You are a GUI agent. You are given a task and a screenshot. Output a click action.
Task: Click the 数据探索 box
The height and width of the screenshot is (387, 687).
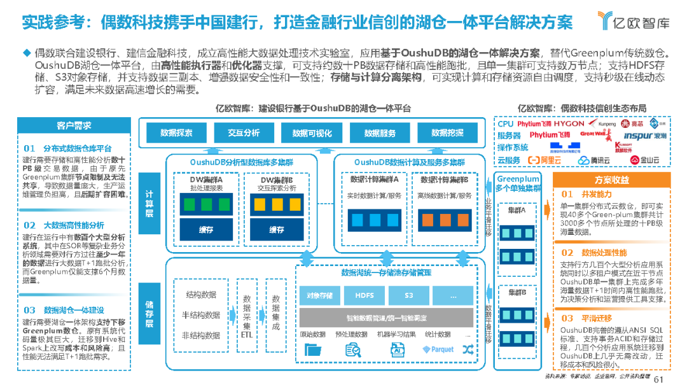(x=176, y=133)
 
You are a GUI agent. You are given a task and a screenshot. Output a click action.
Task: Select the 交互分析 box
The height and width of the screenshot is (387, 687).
(x=244, y=133)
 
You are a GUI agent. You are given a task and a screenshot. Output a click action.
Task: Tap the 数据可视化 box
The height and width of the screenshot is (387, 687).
(x=312, y=133)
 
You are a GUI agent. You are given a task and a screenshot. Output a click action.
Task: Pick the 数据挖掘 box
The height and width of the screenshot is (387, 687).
(x=447, y=133)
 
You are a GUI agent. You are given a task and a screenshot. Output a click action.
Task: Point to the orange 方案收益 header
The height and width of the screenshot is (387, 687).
(x=612, y=180)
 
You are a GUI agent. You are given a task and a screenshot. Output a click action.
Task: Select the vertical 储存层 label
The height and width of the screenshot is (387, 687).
(x=149, y=314)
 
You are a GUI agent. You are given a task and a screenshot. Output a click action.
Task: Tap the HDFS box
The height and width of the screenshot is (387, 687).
(x=364, y=295)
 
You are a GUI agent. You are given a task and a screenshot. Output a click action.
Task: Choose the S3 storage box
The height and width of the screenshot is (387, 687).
(x=408, y=295)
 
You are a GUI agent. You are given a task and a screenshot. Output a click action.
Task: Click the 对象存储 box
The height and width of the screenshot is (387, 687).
(x=320, y=295)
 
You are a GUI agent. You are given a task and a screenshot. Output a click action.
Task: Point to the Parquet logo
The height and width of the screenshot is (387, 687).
(x=438, y=349)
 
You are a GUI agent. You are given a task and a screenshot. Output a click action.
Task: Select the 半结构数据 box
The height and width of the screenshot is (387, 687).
(x=201, y=315)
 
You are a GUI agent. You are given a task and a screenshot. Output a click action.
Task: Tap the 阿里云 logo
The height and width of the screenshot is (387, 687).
(x=545, y=160)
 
